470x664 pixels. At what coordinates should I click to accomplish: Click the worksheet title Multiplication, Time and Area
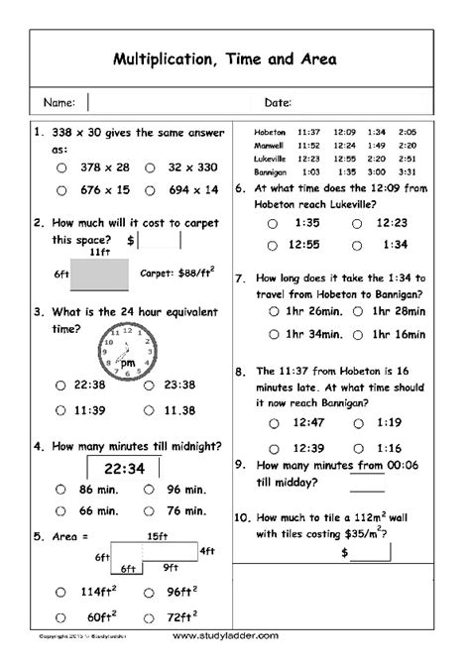(235, 59)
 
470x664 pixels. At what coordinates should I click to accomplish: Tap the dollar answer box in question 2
(161, 240)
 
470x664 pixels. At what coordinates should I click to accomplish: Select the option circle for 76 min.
(147, 511)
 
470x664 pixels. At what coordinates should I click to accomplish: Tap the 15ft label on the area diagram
(157, 537)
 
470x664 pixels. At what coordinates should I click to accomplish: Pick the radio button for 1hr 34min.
(273, 331)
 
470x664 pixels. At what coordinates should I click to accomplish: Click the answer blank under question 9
(367, 488)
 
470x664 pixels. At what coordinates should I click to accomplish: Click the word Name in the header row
(59, 102)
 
